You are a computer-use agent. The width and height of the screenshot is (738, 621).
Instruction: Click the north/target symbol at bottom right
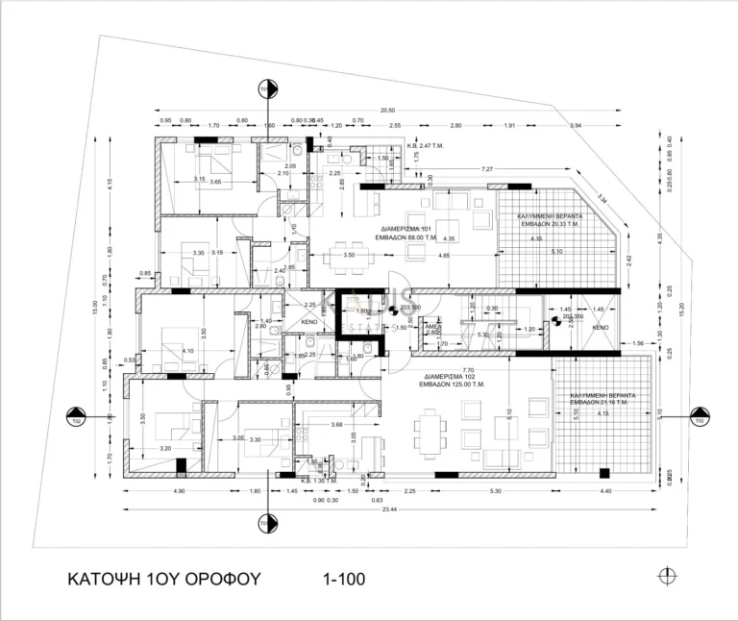[x=666, y=576]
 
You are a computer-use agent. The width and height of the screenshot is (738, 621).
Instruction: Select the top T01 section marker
[x=265, y=91]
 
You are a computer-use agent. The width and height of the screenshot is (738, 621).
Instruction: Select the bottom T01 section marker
[x=265, y=524]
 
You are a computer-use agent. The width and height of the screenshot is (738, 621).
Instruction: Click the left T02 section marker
[x=75, y=418]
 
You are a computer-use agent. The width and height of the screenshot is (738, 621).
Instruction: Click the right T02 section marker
[x=700, y=418]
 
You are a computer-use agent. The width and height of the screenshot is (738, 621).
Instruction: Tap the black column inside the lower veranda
[x=603, y=472]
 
